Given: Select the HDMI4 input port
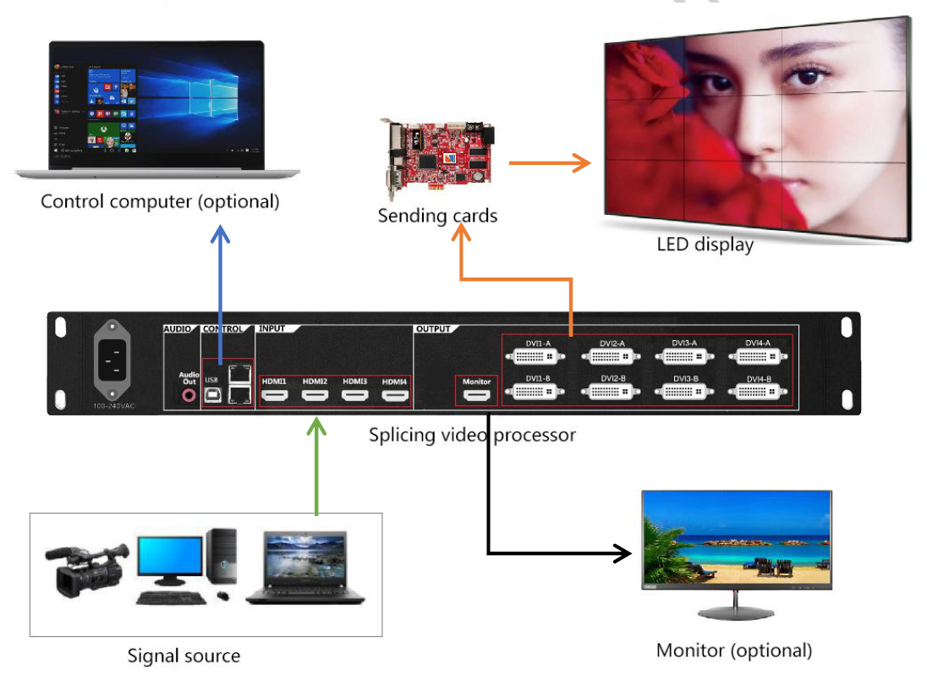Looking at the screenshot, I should pyautogui.click(x=393, y=396).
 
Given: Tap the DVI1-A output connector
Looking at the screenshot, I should pyautogui.click(x=536, y=356).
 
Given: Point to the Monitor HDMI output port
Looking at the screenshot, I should pyautogui.click(x=476, y=396).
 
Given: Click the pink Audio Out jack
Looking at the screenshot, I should pyautogui.click(x=188, y=393).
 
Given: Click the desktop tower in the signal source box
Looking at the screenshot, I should pyautogui.click(x=222, y=559).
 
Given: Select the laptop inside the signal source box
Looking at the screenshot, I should pyautogui.click(x=307, y=567).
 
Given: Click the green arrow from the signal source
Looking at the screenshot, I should pyautogui.click(x=316, y=465).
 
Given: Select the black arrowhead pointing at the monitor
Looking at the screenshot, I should pyautogui.click(x=622, y=554).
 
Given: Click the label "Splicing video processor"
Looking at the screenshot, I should pyautogui.click(x=472, y=435).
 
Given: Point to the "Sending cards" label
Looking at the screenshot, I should pyautogui.click(x=437, y=216).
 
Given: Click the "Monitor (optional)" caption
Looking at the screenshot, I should pyautogui.click(x=733, y=650).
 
